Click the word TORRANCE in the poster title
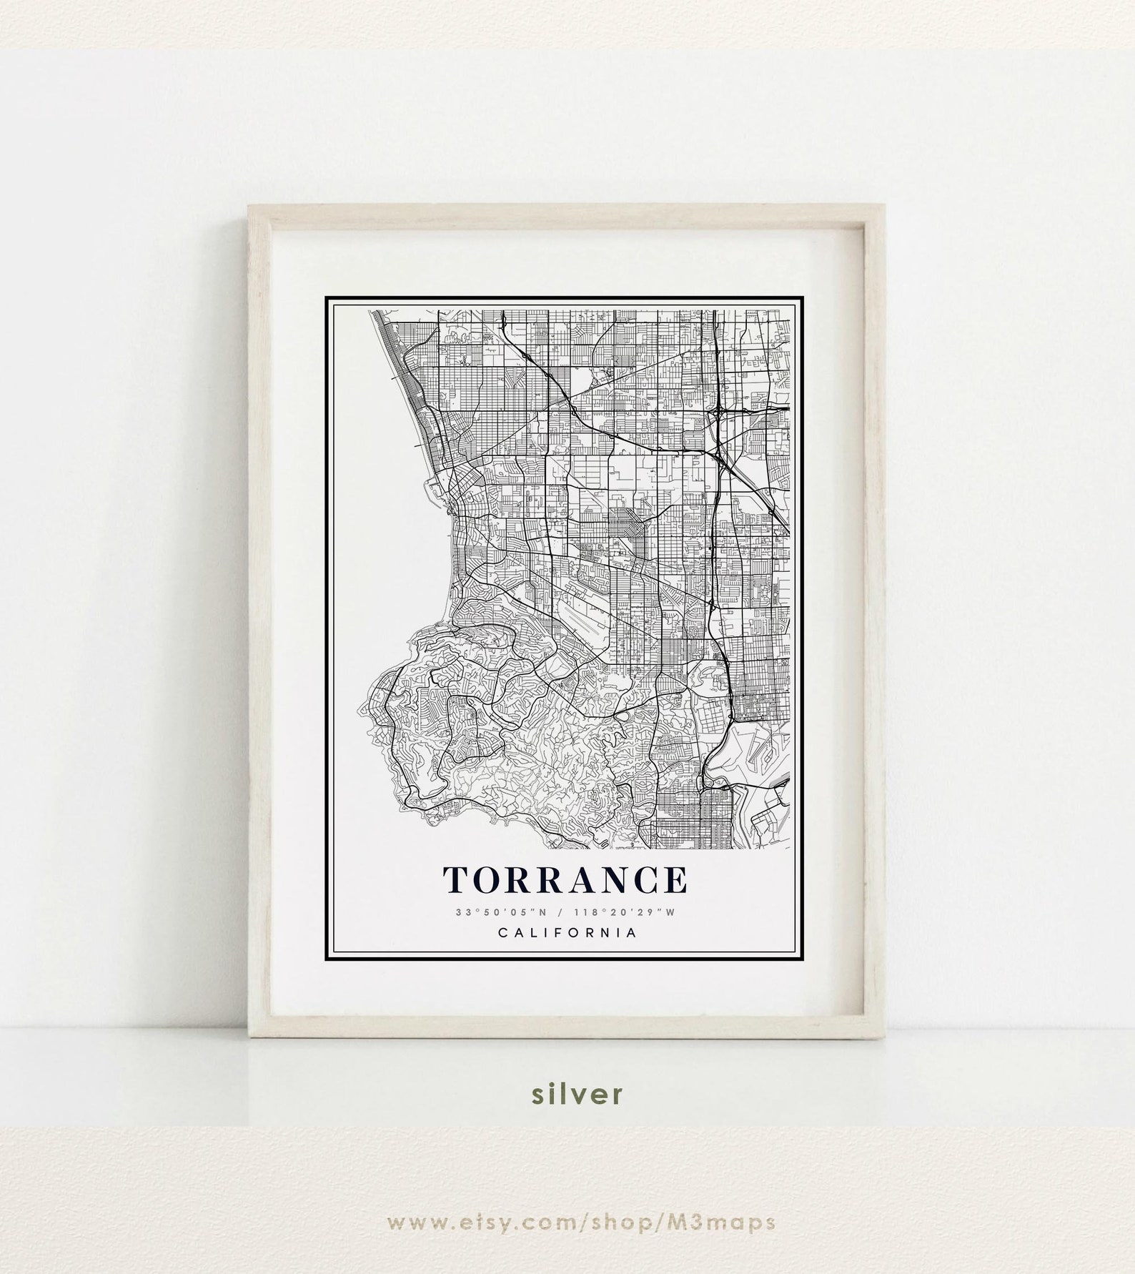[x=565, y=880]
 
